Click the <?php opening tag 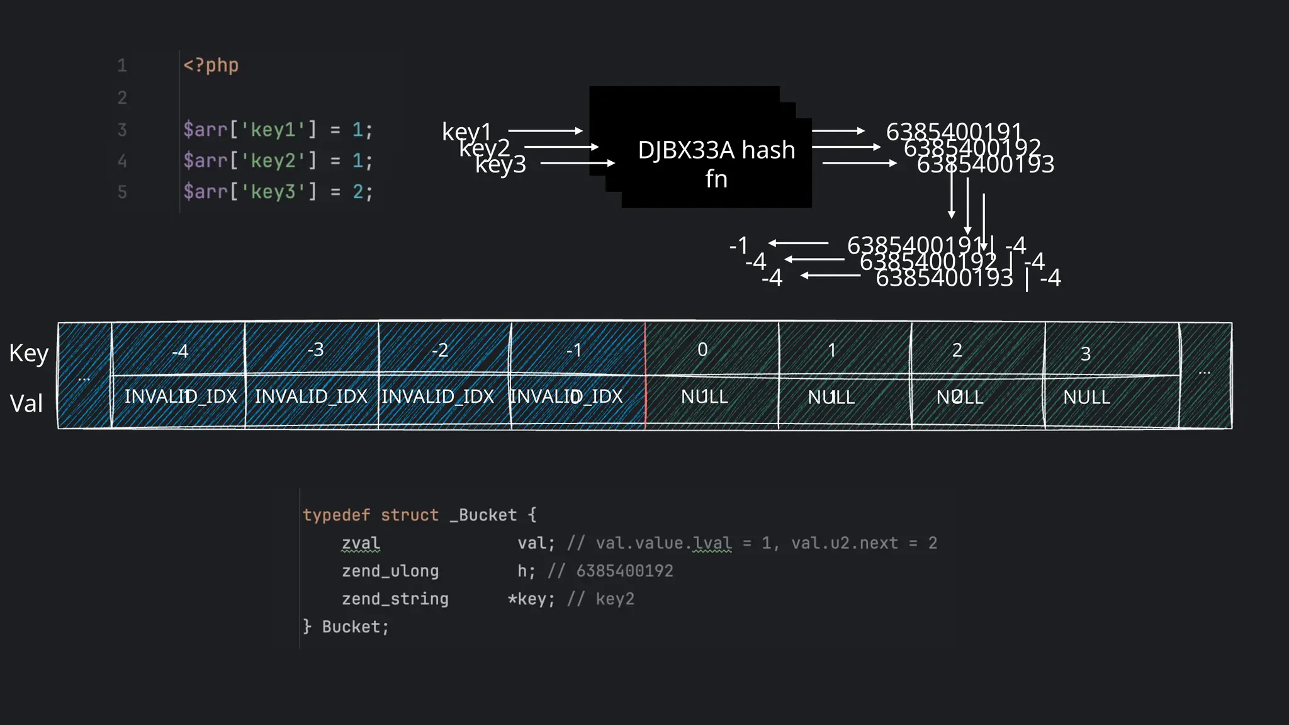point(211,65)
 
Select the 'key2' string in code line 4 point(273,161)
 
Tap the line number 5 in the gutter point(122,192)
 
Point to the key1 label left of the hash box point(466,132)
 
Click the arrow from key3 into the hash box point(577,163)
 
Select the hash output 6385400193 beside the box point(985,164)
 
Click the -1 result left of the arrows point(739,245)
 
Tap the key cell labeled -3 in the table point(315,349)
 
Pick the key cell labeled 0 point(702,349)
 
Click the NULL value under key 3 point(1086,397)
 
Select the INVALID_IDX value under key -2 point(438,396)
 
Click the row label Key point(28,353)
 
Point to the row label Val point(26,403)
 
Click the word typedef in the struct point(336,515)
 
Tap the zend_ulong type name point(390,571)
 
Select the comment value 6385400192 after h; point(624,571)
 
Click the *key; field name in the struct point(531,599)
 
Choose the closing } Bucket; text point(346,627)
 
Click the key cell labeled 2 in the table point(957,350)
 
